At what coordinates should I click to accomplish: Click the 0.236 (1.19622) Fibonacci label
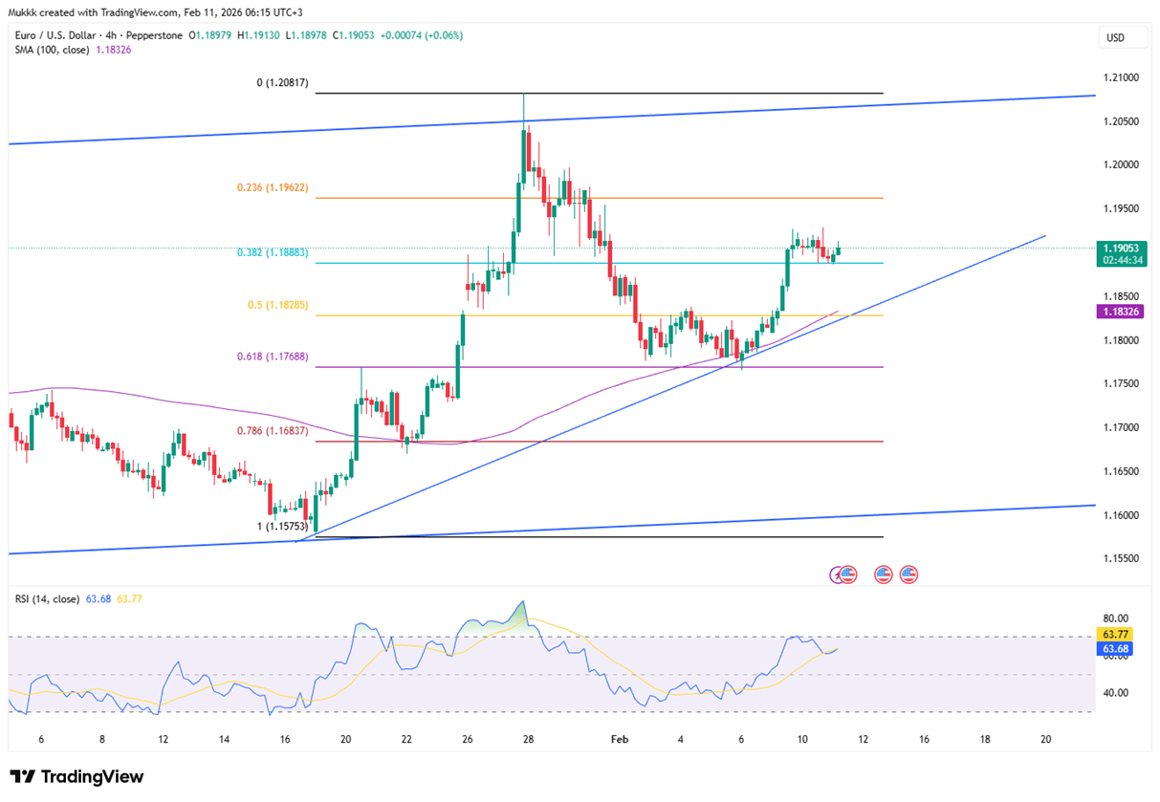[x=274, y=188]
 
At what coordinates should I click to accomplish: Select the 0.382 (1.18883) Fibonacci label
[x=274, y=253]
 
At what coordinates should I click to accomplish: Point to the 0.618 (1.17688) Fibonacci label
[x=274, y=357]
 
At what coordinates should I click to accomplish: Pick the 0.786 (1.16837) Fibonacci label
[x=274, y=431]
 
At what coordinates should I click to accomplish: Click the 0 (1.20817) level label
[x=283, y=83]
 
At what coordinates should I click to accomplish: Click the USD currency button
[x=1115, y=38]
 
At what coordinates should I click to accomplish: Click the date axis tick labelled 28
[x=529, y=739]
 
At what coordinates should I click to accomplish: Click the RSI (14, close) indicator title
[x=47, y=599]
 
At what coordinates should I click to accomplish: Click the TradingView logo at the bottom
[x=77, y=777]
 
